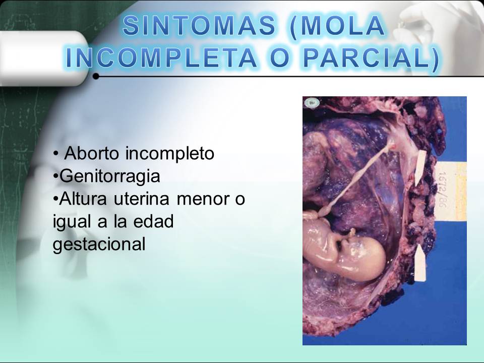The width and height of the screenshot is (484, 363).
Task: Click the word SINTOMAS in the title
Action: pyautogui.click(x=199, y=26)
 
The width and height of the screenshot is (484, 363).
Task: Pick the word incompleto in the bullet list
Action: pyautogui.click(x=170, y=153)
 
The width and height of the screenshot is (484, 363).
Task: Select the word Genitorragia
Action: pyautogui.click(x=110, y=176)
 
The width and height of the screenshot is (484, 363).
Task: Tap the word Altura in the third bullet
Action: pyautogui.click(x=82, y=199)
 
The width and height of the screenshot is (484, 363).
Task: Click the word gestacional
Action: pyautogui.click(x=99, y=245)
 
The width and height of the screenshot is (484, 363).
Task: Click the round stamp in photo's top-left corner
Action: pyautogui.click(x=312, y=103)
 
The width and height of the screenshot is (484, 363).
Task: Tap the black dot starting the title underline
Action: pyautogui.click(x=96, y=77)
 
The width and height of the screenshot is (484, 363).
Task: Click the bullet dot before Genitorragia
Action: pyautogui.click(x=55, y=176)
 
